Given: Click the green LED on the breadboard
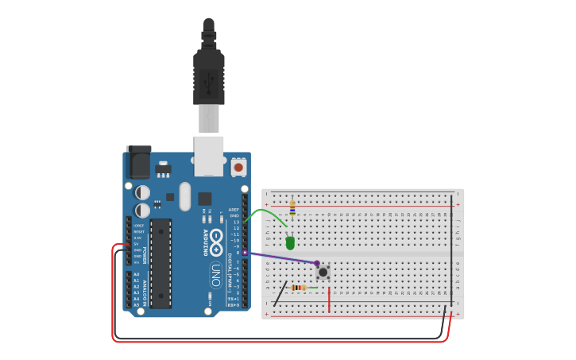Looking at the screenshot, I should tap(290, 242).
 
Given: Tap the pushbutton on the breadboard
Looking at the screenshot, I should tap(323, 272).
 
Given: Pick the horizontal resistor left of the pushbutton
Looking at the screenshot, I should tap(299, 288).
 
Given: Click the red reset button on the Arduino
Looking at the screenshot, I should tap(238, 168).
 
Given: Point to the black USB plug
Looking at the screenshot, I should tap(208, 75).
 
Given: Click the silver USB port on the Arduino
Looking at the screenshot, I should tap(208, 156).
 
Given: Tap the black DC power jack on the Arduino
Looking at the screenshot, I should tap(138, 162).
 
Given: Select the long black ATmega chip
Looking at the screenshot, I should tap(160, 263).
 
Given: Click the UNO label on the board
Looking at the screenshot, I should tap(215, 275).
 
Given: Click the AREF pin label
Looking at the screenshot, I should tap(234, 210).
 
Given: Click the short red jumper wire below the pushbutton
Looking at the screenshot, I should tap(329, 299).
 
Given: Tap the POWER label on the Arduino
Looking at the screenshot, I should tap(145, 255).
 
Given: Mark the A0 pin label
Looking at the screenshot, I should tap(137, 274).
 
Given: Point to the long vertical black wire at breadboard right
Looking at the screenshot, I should tap(452, 246).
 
